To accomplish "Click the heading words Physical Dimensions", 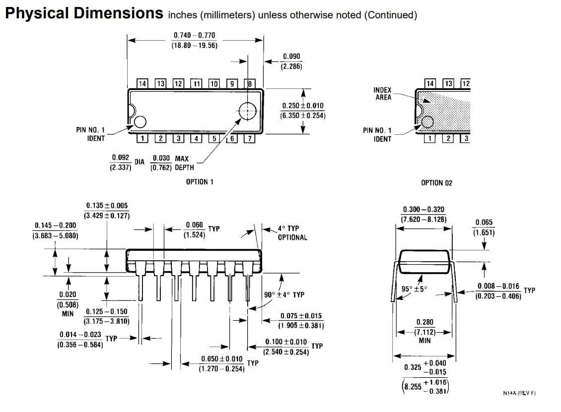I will [x=83, y=13].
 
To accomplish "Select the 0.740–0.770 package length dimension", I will [x=194, y=40].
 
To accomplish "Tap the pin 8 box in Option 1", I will [x=251, y=84].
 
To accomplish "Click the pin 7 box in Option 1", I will [x=250, y=138].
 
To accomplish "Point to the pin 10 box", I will [x=214, y=84].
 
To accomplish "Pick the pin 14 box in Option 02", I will [x=430, y=83].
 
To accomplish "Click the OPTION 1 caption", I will [x=200, y=182].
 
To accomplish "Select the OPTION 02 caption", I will [x=436, y=183].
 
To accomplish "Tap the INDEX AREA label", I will [x=383, y=94].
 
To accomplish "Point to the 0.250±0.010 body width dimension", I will [x=302, y=111].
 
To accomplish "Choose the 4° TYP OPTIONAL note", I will [x=292, y=233].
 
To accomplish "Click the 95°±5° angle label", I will [x=414, y=289].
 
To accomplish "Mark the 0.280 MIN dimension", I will [x=424, y=331].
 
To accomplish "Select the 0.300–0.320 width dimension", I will [x=423, y=214].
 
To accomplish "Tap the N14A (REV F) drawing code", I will [x=519, y=393].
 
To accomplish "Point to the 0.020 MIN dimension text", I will [x=68, y=303].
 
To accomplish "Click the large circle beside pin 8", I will [x=247, y=111].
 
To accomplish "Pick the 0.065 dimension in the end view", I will [x=484, y=227].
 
